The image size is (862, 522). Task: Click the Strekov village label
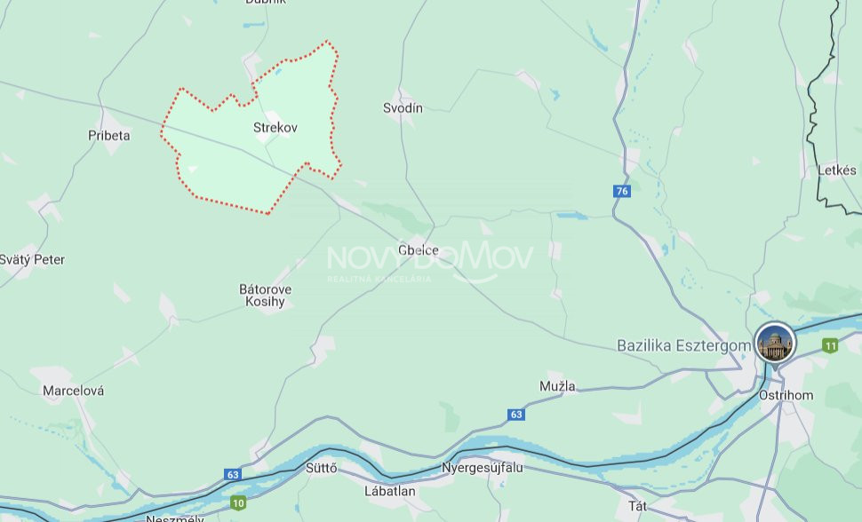tap(275, 128)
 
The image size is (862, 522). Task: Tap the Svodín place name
tap(403, 108)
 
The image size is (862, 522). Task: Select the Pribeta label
tap(109, 136)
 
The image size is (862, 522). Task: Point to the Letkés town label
tap(838, 170)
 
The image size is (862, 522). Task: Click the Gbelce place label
tap(419, 250)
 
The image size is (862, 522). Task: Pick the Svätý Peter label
tap(33, 260)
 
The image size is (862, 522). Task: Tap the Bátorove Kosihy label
tap(266, 296)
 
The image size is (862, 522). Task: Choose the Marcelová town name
tap(74, 391)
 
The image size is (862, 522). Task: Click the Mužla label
tap(557, 386)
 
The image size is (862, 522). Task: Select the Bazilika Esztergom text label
tap(679, 345)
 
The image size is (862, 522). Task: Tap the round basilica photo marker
tap(775, 342)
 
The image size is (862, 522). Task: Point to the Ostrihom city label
tap(786, 395)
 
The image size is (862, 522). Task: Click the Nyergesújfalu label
tap(483, 468)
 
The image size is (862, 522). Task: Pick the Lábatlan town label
tap(390, 490)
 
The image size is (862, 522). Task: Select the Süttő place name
tap(321, 469)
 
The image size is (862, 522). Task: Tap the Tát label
tap(637, 505)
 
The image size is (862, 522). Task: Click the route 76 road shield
tap(622, 191)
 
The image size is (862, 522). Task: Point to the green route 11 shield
tap(830, 345)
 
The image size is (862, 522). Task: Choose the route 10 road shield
tap(238, 503)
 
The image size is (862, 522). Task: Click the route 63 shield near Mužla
tap(516, 415)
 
